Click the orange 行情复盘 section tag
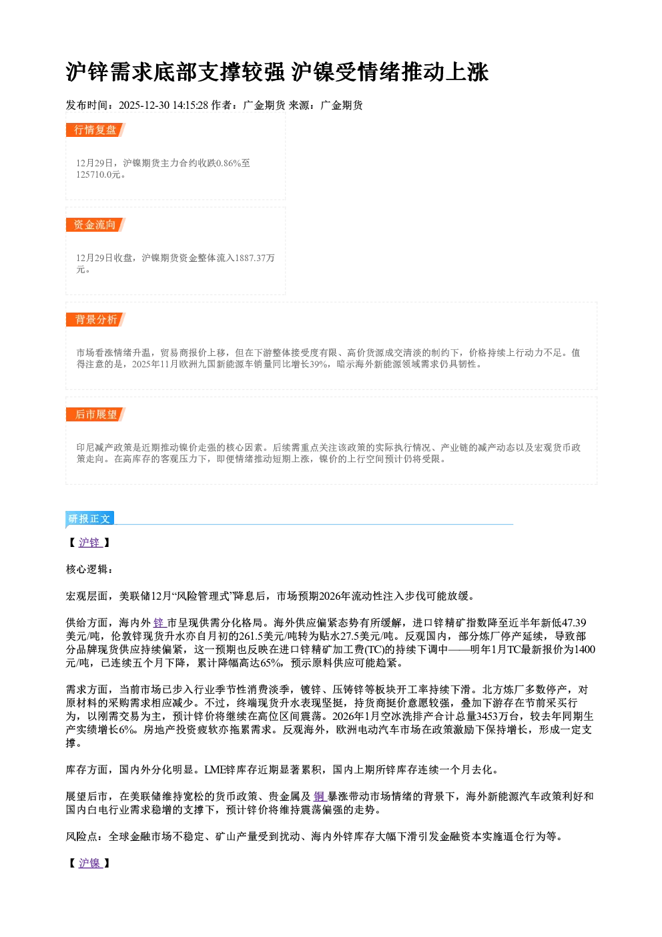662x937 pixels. click(95, 130)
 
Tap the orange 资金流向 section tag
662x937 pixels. click(95, 224)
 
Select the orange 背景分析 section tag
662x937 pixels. click(95, 320)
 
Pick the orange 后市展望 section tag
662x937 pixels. click(95, 415)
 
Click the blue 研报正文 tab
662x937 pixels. click(90, 519)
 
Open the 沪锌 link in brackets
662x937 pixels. click(89, 543)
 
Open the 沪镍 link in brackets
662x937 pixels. click(89, 863)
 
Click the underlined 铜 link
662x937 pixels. click(319, 797)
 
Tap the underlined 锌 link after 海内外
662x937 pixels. click(159, 623)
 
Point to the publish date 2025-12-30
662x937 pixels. click(144, 106)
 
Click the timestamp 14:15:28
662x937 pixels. click(190, 106)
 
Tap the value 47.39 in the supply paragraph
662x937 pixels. click(574, 623)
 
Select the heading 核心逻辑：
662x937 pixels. click(89, 569)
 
